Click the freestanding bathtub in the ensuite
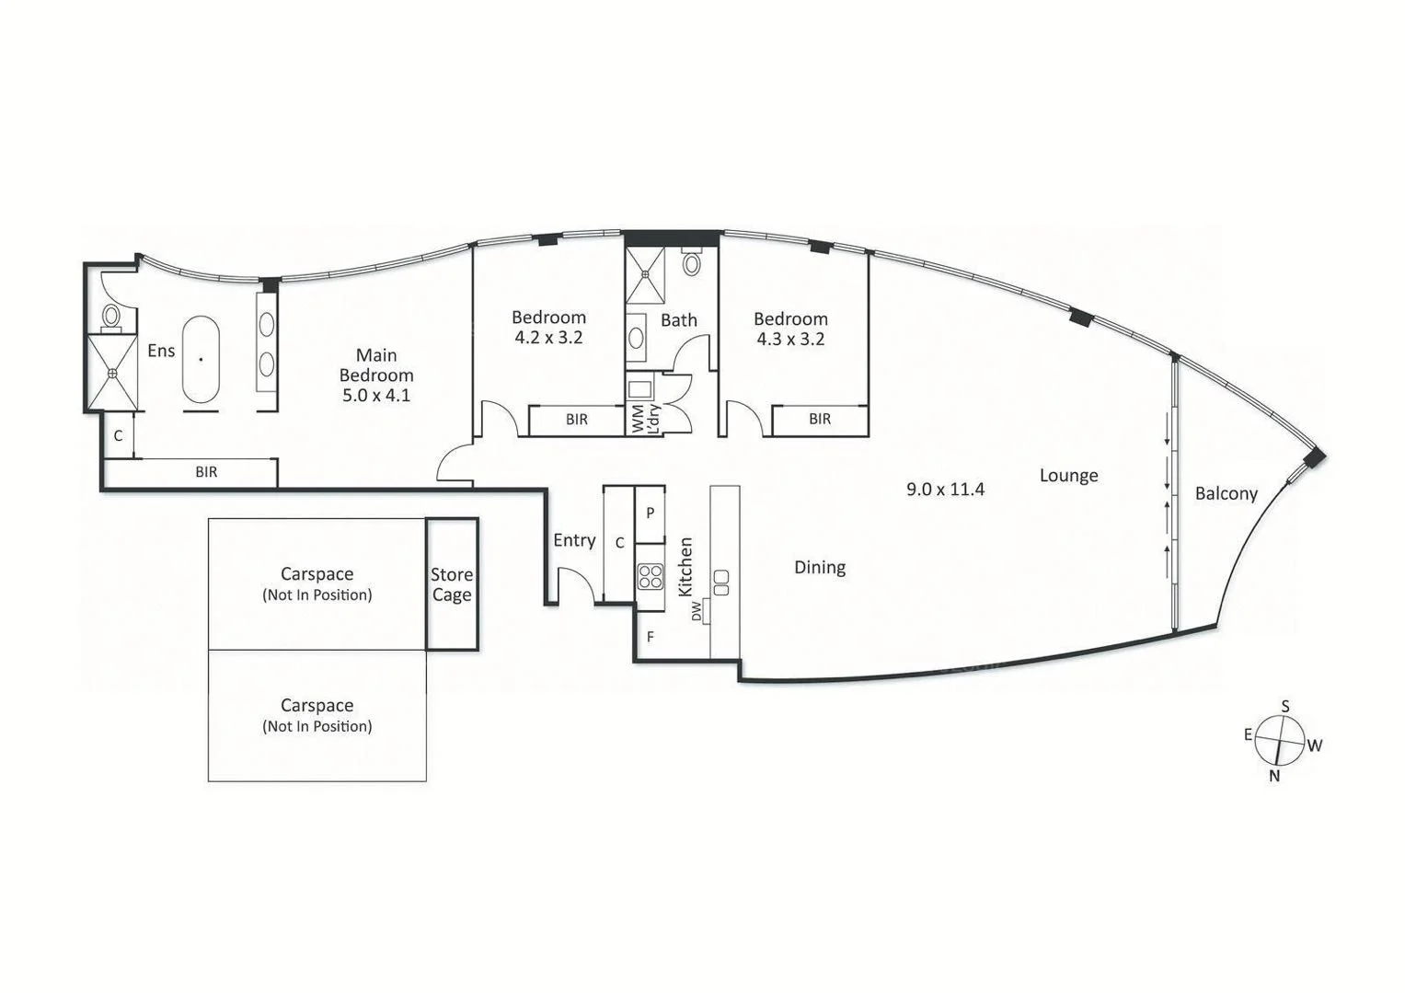point(201,360)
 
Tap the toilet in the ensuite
point(111,318)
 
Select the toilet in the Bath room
point(692,264)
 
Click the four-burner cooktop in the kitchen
point(650,576)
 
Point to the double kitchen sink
point(721,583)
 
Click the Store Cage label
point(452,584)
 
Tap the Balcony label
point(1226,493)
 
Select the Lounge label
point(1068,476)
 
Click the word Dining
point(820,568)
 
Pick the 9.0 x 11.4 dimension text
point(945,490)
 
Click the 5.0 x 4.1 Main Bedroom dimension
point(376,396)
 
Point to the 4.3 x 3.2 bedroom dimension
point(790,339)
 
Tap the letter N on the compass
point(1274,776)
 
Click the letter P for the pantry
point(650,513)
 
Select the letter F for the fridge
point(650,636)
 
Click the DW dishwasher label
point(697,610)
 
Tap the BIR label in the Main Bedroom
point(206,472)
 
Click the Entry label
point(574,540)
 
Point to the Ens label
point(161,351)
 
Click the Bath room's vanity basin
point(637,335)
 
